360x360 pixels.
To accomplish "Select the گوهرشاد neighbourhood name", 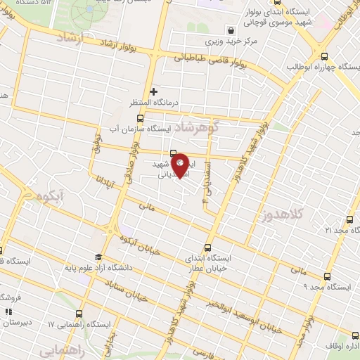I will (198, 127).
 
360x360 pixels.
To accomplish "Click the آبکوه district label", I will (50, 193).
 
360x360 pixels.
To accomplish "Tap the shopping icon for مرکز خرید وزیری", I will (231, 30).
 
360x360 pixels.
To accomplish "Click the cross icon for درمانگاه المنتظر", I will (154, 91).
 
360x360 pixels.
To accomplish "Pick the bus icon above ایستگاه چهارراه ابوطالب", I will (324, 57).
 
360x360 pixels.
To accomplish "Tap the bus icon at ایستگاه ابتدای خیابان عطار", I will (207, 247).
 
